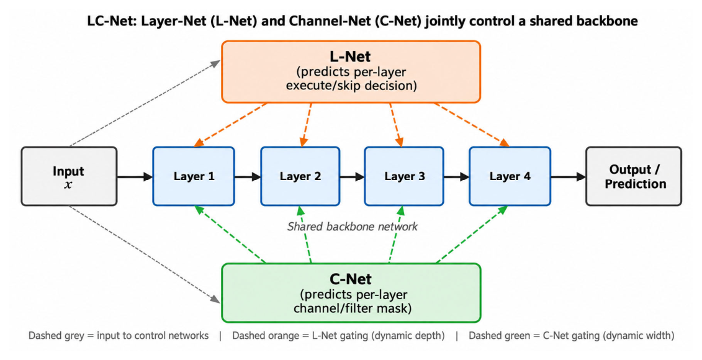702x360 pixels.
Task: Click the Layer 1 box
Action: [x=194, y=176]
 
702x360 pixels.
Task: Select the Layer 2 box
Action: [x=300, y=176]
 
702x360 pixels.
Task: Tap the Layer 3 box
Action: [x=404, y=176]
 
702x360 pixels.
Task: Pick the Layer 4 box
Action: [x=510, y=176]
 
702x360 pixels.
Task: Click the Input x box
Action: [x=69, y=176]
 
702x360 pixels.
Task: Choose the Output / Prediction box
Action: [x=634, y=176]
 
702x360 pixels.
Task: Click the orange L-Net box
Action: [x=351, y=71]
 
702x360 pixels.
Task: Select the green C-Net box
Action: [x=351, y=293]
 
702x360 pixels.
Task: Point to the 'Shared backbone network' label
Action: [x=353, y=227]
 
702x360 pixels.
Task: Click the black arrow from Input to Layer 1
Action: [x=135, y=177]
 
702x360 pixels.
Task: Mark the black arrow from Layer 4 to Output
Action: [x=568, y=177]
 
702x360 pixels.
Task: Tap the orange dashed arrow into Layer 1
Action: [x=230, y=125]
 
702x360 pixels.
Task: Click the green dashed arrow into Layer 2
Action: [x=306, y=235]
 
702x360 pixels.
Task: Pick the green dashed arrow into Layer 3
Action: [x=396, y=235]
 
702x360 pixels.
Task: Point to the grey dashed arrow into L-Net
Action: [x=145, y=104]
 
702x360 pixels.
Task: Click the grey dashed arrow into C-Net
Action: [x=145, y=254]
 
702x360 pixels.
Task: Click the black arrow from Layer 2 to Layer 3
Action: [x=352, y=177]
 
